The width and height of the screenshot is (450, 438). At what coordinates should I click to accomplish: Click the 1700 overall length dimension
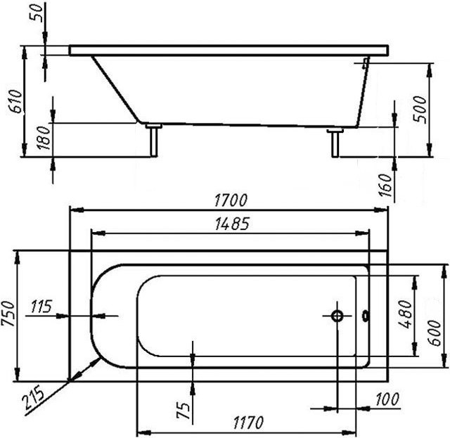coord(231,200)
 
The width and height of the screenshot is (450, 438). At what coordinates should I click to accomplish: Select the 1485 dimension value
coord(232,224)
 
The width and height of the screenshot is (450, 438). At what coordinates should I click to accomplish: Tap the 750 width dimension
coord(8,314)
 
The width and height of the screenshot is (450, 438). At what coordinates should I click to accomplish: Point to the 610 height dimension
coord(15,101)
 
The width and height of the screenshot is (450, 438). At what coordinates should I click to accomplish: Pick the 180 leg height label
coord(44,138)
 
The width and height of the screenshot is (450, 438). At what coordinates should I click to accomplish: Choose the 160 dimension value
coord(385,185)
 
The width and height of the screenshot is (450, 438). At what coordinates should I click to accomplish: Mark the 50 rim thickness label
coord(37,13)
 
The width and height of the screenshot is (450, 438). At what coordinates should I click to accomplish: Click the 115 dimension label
coord(41,307)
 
